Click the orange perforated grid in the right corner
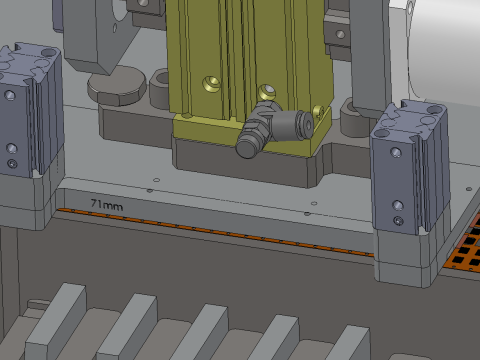click(x=461, y=250)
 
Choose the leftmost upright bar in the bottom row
click(x=54, y=320)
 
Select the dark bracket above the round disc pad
click(x=100, y=35)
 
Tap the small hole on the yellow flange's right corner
click(x=319, y=110)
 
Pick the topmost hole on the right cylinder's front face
click(x=398, y=153)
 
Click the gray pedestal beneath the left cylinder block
click(x=25, y=205)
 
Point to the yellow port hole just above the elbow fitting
click(x=265, y=91)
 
